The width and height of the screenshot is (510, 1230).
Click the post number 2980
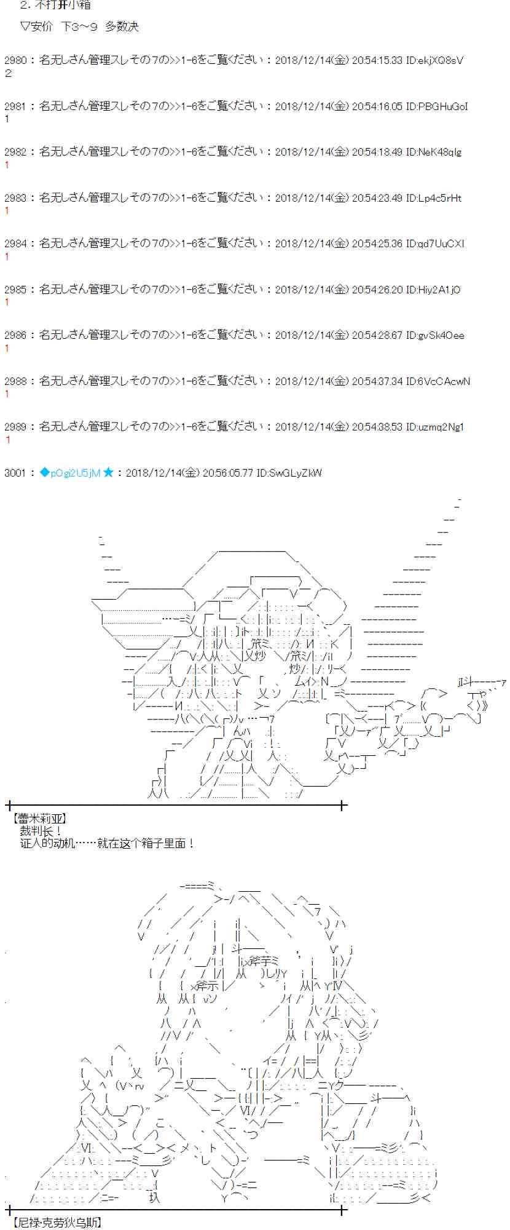coord(15,60)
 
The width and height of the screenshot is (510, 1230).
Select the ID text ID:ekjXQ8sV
coord(434,60)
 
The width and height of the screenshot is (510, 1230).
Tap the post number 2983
coord(15,198)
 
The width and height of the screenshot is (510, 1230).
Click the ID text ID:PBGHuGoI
coord(436,106)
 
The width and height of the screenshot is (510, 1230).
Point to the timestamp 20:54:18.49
coord(377,152)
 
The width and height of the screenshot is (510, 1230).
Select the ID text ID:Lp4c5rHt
coord(433,198)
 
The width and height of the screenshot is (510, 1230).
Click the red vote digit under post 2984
coord(7,256)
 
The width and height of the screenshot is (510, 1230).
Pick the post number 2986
coord(15,335)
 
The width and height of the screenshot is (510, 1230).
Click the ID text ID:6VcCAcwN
coord(437,381)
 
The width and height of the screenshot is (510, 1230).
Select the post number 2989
coord(15,427)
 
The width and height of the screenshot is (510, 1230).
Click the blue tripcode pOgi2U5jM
coord(76,473)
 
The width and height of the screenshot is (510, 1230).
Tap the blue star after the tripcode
coord(108,472)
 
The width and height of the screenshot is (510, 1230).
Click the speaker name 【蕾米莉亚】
coord(39,819)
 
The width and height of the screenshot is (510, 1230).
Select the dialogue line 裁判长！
coord(41,831)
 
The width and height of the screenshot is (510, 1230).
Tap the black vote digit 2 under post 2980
coord(8,73)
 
